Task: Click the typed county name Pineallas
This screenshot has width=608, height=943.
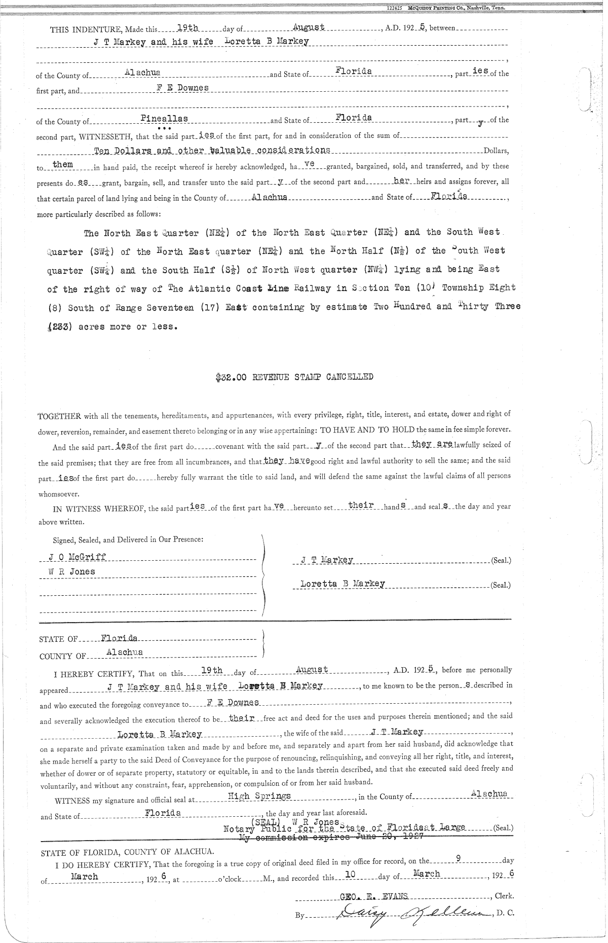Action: [x=164, y=118]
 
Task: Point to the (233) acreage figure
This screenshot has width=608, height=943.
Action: [x=61, y=327]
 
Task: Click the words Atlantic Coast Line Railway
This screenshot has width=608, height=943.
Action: [x=248, y=288]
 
